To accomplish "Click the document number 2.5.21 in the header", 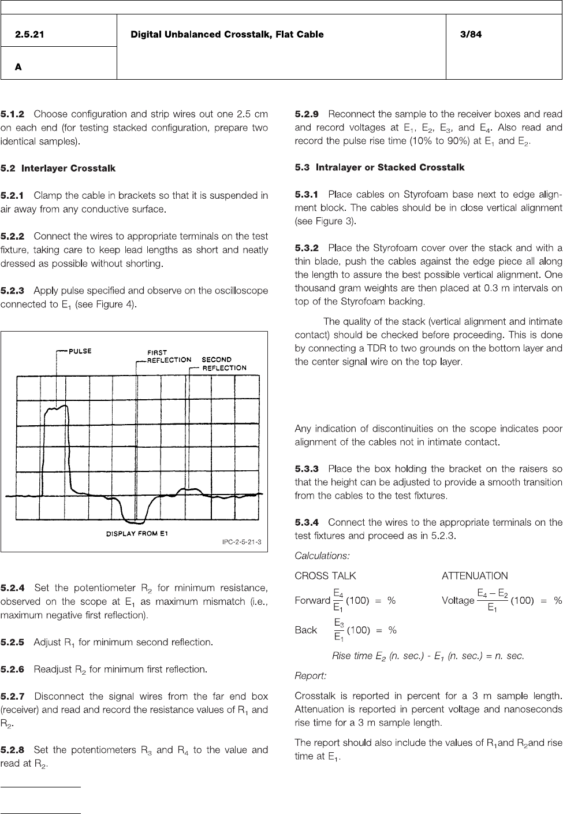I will pyautogui.click(x=29, y=35).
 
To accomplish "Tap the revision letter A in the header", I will pyautogui.click(x=18, y=67).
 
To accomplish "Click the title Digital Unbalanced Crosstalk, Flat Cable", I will pyautogui.click(x=227, y=35).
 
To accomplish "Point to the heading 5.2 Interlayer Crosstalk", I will pyautogui.click(x=58, y=168).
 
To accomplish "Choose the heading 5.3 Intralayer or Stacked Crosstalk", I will pyautogui.click(x=379, y=168).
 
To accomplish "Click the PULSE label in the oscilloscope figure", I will pyautogui.click(x=80, y=351).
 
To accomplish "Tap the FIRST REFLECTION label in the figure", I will pyautogui.click(x=168, y=356).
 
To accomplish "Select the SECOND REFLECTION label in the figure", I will pyautogui.click(x=223, y=363).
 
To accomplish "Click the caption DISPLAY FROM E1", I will pyautogui.click(x=137, y=533).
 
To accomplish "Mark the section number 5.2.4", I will pyautogui.click(x=13, y=588).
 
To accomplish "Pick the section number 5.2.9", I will pyautogui.click(x=307, y=114).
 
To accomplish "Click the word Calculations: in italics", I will pyautogui.click(x=322, y=556).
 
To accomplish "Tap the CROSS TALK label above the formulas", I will pyautogui.click(x=325, y=575).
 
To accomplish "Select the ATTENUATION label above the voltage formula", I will pyautogui.click(x=475, y=575).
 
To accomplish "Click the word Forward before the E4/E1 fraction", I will pyautogui.click(x=312, y=600).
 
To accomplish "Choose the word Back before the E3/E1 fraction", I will pyautogui.click(x=306, y=630).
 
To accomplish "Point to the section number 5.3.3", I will pyautogui.click(x=307, y=469).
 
